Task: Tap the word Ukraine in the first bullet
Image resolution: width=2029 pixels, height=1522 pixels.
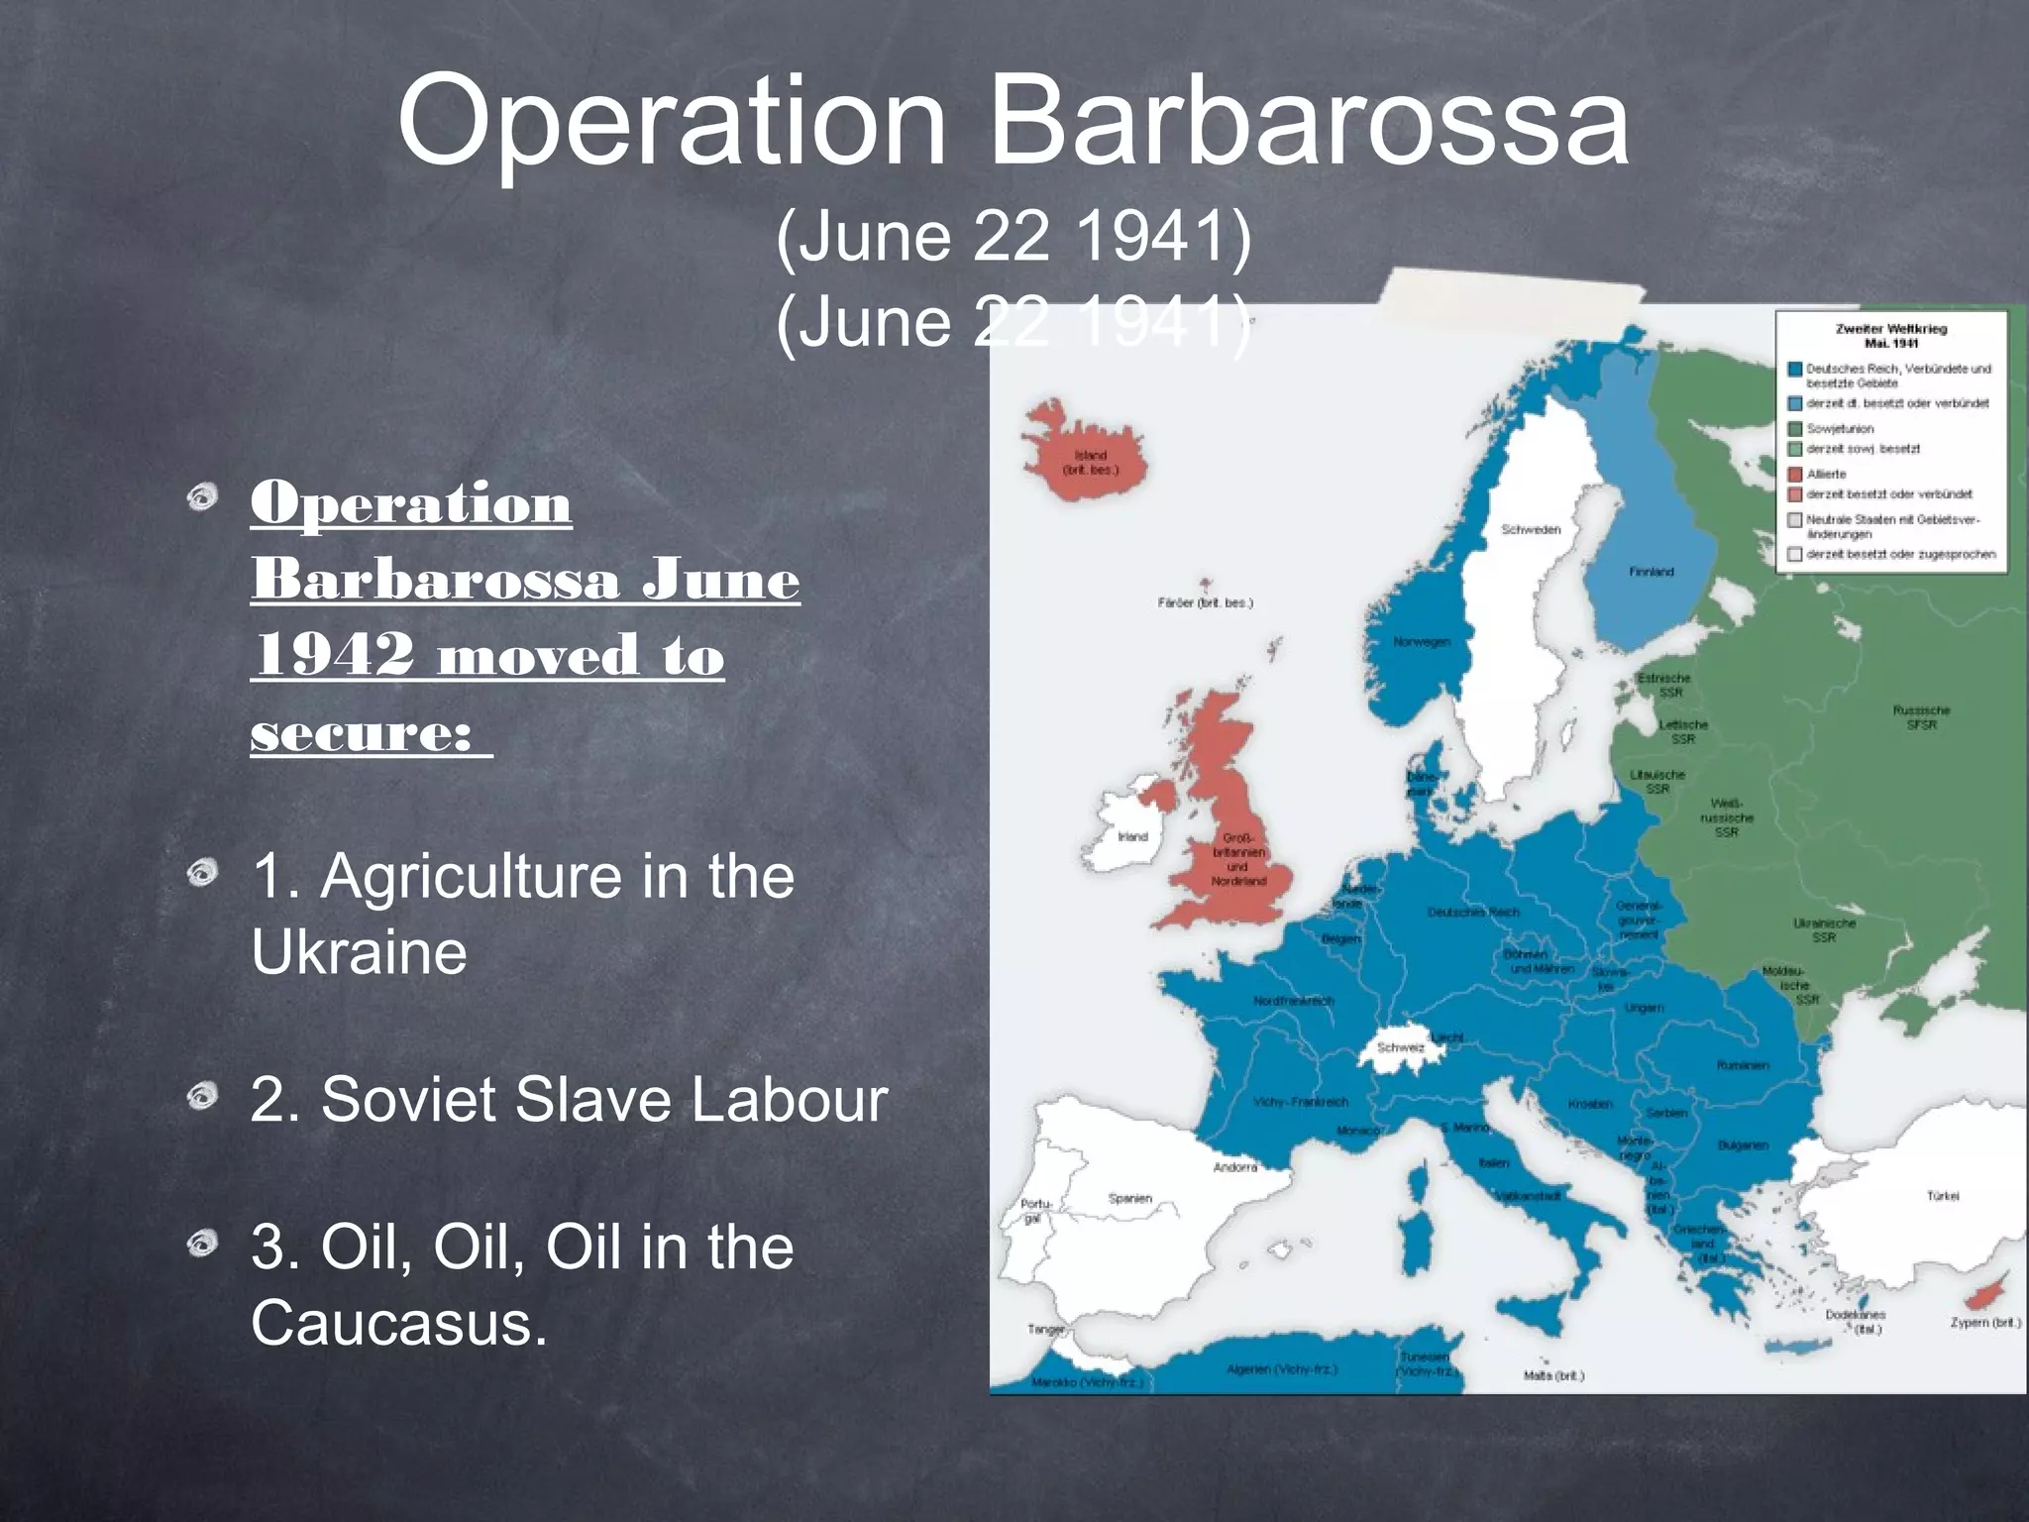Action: (x=359, y=952)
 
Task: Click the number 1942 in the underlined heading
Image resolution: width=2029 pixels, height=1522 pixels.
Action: (x=334, y=655)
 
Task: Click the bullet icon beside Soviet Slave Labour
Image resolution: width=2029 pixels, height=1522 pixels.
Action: (x=202, y=1095)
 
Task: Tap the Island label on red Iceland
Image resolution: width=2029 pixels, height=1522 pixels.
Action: (x=1090, y=456)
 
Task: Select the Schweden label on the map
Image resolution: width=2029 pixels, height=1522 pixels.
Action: (x=1531, y=530)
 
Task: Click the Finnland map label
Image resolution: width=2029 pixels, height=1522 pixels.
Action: (x=1651, y=572)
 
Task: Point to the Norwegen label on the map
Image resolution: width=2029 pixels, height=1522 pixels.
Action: (x=1422, y=642)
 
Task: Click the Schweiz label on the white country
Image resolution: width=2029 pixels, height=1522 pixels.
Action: (x=1400, y=1047)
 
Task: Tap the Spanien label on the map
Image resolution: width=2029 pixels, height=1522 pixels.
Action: (x=1129, y=1198)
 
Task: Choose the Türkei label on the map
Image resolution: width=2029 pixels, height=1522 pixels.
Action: (x=1942, y=1196)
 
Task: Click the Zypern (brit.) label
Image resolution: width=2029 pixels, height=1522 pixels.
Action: (x=1984, y=1322)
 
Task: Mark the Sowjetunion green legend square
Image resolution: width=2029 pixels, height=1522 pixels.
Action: (x=1794, y=429)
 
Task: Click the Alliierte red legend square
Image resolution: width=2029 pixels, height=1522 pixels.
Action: (x=1794, y=475)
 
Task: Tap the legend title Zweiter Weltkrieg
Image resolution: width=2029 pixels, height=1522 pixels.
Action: (x=1890, y=329)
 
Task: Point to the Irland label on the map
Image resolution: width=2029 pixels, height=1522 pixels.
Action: (x=1132, y=836)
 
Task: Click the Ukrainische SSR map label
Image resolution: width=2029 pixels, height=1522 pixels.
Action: (x=1824, y=929)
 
